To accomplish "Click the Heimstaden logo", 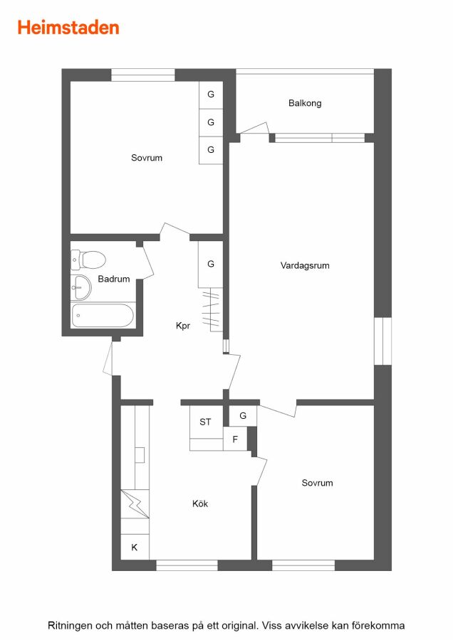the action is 68,28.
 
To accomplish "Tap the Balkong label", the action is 305,103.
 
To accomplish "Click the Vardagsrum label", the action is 305,265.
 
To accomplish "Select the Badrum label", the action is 114,279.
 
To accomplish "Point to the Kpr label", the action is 183,326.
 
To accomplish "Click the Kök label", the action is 200,503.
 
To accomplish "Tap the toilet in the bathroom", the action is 88,260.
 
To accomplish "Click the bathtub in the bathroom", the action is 103,316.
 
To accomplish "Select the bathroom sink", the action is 81,287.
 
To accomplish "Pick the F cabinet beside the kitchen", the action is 235,439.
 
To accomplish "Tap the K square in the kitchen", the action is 135,547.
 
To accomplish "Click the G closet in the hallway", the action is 211,265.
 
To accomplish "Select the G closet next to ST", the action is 243,416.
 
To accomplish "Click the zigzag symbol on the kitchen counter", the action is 135,503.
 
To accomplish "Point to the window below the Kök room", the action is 187,565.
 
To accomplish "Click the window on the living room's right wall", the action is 382,341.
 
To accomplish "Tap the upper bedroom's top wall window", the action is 143,75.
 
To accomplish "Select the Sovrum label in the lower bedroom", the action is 317,483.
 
